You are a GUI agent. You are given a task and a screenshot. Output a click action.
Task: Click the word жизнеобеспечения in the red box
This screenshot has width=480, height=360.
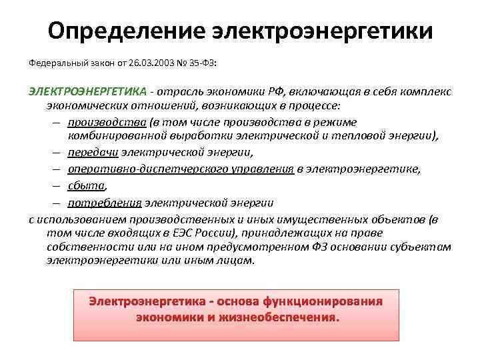click(x=278, y=318)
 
